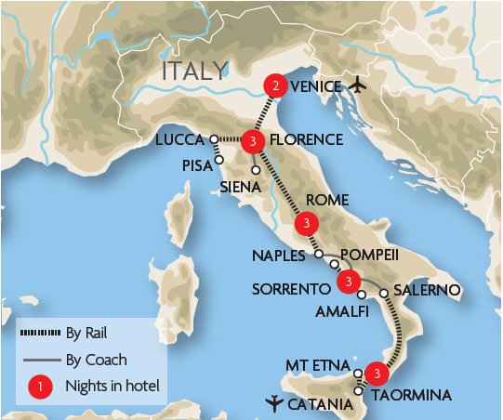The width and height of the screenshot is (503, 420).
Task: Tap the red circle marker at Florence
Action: pyautogui.click(x=254, y=140)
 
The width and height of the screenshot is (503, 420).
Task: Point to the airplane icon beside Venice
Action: pyautogui.click(x=361, y=86)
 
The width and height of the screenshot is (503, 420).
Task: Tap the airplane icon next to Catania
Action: pyautogui.click(x=273, y=403)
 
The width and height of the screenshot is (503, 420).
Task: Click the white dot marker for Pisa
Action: pyautogui.click(x=219, y=159)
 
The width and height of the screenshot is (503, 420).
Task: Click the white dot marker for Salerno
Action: pyautogui.click(x=383, y=294)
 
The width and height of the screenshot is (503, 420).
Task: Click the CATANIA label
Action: pyautogui.click(x=321, y=404)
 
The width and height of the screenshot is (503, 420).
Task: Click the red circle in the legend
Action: pyautogui.click(x=40, y=384)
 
